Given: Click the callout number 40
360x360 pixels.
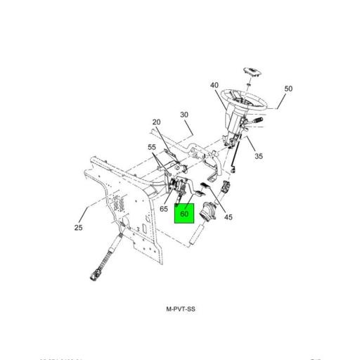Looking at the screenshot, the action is tap(214, 86).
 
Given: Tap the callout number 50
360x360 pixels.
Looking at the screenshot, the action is tap(288, 89).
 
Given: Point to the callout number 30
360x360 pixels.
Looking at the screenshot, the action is tap(184, 115).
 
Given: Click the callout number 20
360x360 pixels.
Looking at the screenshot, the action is tap(155, 122).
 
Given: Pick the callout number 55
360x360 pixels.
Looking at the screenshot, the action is tap(151, 147).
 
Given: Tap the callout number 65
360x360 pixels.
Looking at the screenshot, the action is tap(163, 209).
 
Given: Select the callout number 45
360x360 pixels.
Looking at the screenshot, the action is tap(228, 217).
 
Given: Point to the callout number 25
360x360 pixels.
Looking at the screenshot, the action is tap(78, 226).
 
